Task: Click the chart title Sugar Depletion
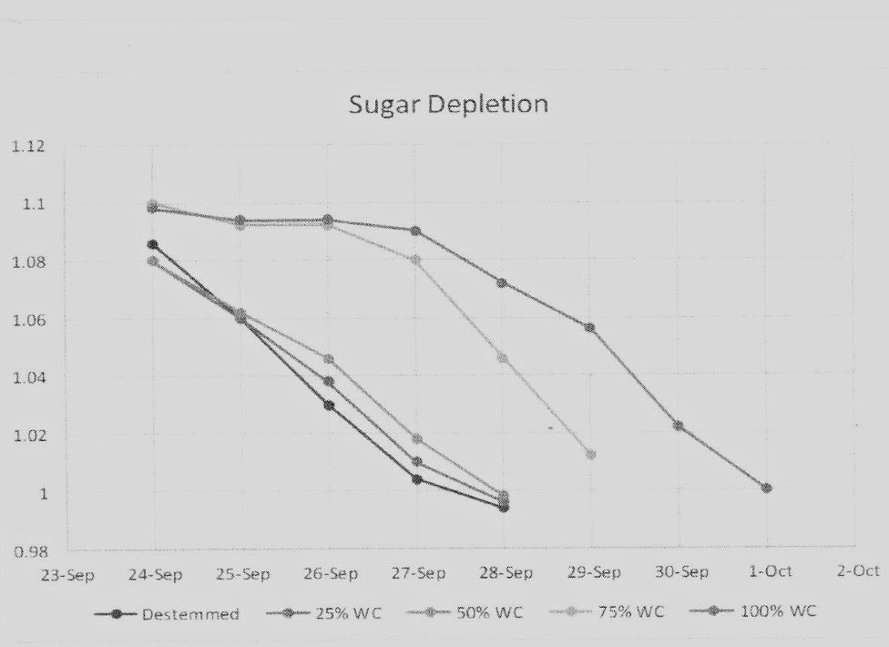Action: [x=448, y=104]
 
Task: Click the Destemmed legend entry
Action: [x=189, y=613]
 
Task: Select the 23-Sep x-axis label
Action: [x=68, y=576]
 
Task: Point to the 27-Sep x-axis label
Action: [x=418, y=574]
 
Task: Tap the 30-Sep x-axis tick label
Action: [x=681, y=572]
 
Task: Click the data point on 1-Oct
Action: [x=766, y=488]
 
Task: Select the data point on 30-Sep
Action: [x=678, y=426]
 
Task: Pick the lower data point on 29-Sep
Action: [x=591, y=454]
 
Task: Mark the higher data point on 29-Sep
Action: [x=590, y=327]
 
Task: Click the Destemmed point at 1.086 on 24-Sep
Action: [x=152, y=244]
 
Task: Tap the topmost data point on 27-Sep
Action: [x=415, y=231]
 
